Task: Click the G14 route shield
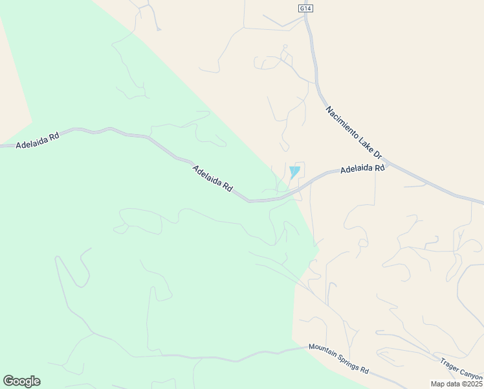point(305,8)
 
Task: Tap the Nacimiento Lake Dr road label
point(355,132)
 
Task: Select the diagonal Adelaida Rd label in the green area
point(212,178)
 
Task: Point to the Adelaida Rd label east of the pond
point(362,168)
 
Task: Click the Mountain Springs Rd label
point(338,359)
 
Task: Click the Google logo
point(21,381)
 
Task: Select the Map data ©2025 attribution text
point(457,384)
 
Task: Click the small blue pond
point(294,172)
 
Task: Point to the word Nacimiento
point(344,122)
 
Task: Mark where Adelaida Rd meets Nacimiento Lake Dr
point(387,161)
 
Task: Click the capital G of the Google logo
point(8,381)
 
